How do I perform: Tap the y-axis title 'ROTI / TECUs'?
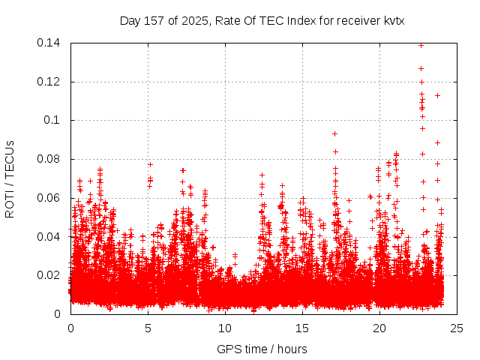click(10, 178)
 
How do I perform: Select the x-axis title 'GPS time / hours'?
click(262, 349)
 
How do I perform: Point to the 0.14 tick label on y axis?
click(49, 43)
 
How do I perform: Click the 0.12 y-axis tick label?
click(49, 82)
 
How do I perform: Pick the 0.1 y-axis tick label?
click(53, 120)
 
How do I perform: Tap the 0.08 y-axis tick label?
click(49, 159)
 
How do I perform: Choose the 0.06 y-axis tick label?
click(49, 198)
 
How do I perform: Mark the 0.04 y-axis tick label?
click(49, 237)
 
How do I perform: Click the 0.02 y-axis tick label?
click(49, 275)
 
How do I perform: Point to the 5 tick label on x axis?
click(148, 328)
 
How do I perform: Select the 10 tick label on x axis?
click(225, 328)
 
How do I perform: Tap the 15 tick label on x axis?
click(302, 328)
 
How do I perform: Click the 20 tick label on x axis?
click(379, 328)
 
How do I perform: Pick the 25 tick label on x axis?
click(457, 328)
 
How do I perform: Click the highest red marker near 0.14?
click(421, 45)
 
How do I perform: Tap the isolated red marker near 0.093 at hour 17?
click(334, 133)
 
